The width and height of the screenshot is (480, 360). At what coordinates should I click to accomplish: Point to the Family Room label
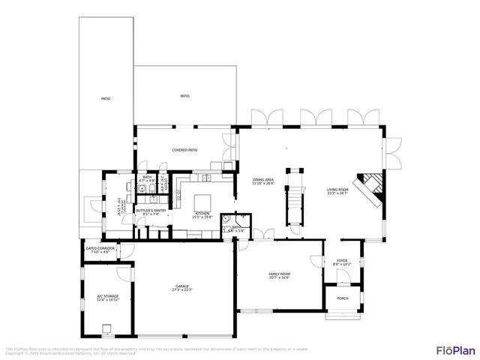coord(279,274)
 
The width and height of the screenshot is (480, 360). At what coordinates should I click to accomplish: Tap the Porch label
coord(342,298)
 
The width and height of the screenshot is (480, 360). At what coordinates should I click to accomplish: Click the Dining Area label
coord(263,180)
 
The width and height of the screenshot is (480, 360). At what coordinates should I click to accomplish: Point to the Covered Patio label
coord(184,150)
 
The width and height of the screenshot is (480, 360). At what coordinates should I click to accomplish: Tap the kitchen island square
coord(205,202)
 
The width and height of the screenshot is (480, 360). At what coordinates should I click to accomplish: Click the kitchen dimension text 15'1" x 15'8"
coord(202,217)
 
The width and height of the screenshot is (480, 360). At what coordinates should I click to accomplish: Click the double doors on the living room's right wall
coord(394,154)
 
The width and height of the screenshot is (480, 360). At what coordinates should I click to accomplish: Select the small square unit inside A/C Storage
coord(108,327)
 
